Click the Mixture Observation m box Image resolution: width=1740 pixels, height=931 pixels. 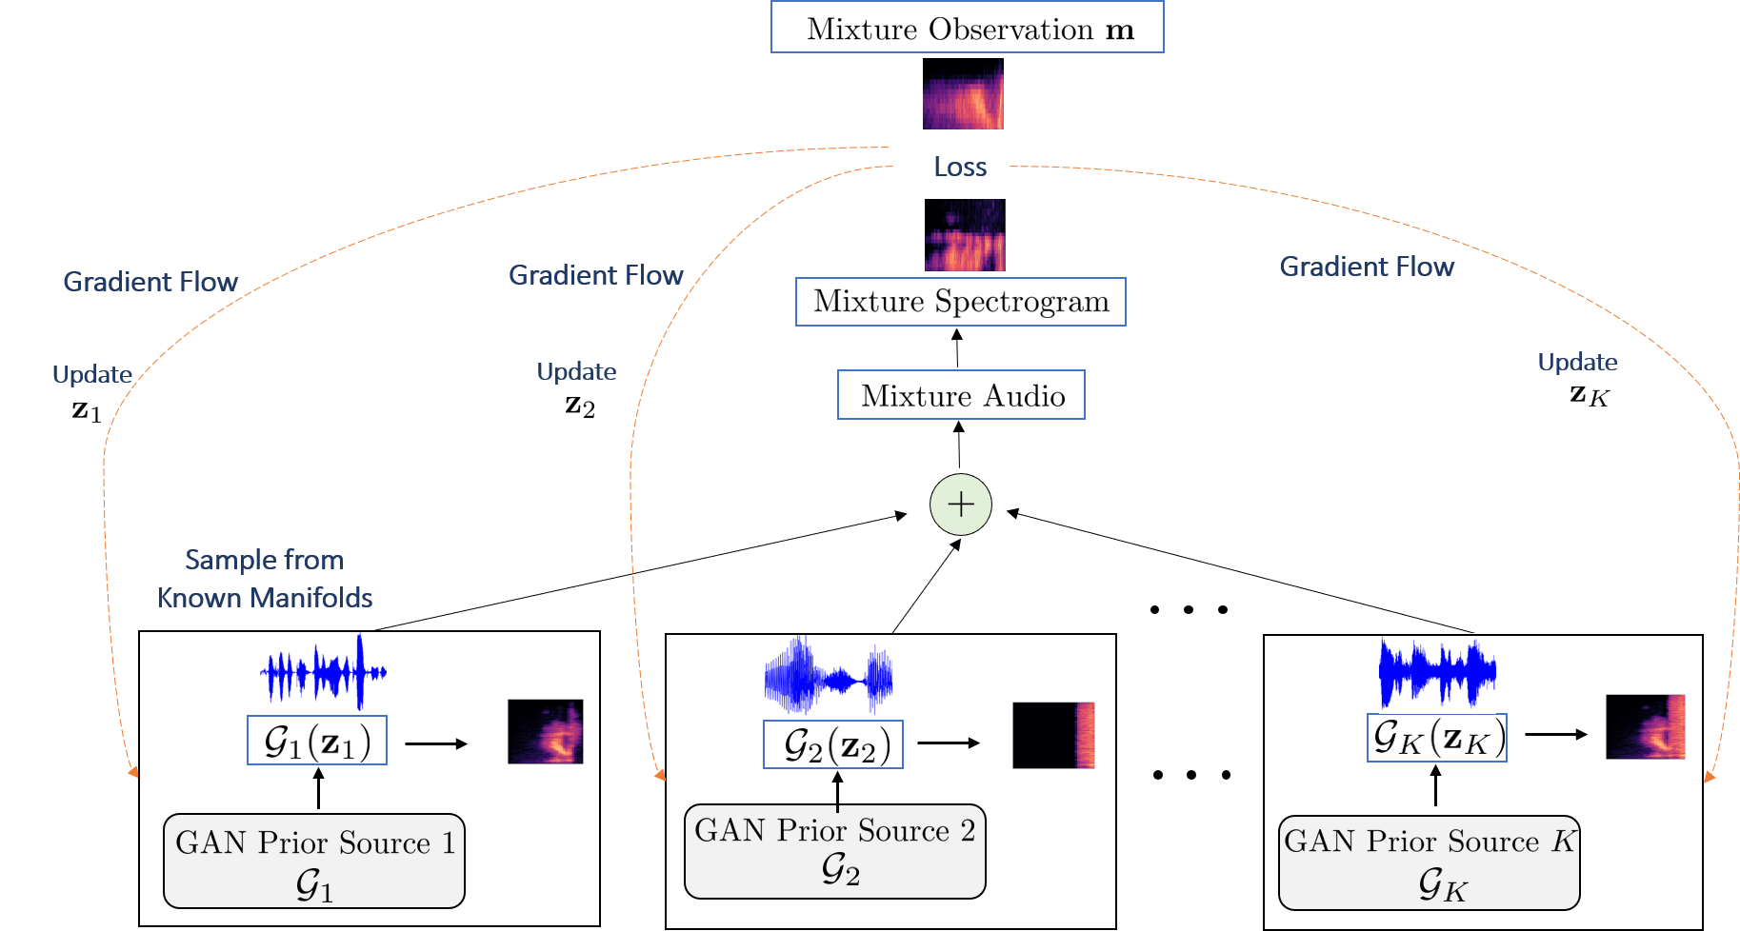[967, 28]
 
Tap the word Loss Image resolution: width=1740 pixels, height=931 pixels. [959, 168]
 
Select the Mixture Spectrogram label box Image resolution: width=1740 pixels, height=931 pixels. [960, 302]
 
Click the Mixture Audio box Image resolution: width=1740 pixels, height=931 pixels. [961, 395]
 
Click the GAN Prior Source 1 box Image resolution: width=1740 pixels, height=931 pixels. [313, 861]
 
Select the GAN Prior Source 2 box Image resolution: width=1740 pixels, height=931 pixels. [834, 851]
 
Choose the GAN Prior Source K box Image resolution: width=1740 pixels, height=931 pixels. [1429, 862]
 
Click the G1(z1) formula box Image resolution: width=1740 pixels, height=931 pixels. [317, 741]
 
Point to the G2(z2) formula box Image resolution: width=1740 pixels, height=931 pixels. [833, 744]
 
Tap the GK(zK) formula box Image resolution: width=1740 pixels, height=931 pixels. [1437, 738]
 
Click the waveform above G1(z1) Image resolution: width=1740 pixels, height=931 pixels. [323, 671]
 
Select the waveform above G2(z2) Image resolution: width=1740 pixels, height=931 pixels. [828, 675]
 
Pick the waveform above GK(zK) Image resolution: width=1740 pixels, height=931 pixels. [1437, 672]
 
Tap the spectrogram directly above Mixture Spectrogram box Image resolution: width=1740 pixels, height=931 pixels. [965, 236]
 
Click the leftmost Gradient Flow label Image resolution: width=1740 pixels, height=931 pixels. [150, 282]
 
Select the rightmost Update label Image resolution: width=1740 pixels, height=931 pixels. [1577, 363]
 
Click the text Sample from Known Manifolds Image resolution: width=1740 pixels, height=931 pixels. [265, 579]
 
